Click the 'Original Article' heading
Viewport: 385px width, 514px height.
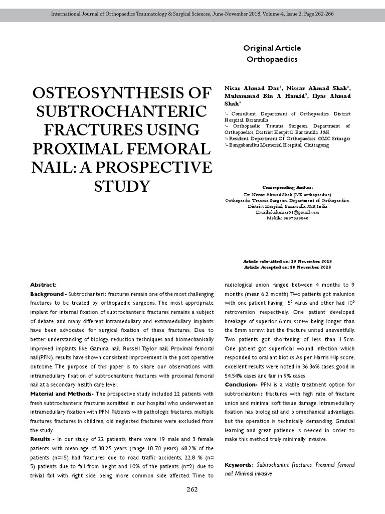click(272, 48)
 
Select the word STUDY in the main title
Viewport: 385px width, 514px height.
click(122, 186)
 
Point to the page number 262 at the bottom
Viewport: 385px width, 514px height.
click(192, 489)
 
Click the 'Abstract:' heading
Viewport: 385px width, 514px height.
click(44, 285)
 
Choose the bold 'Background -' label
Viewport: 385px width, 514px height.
click(48, 294)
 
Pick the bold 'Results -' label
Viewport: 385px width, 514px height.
click(43, 439)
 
